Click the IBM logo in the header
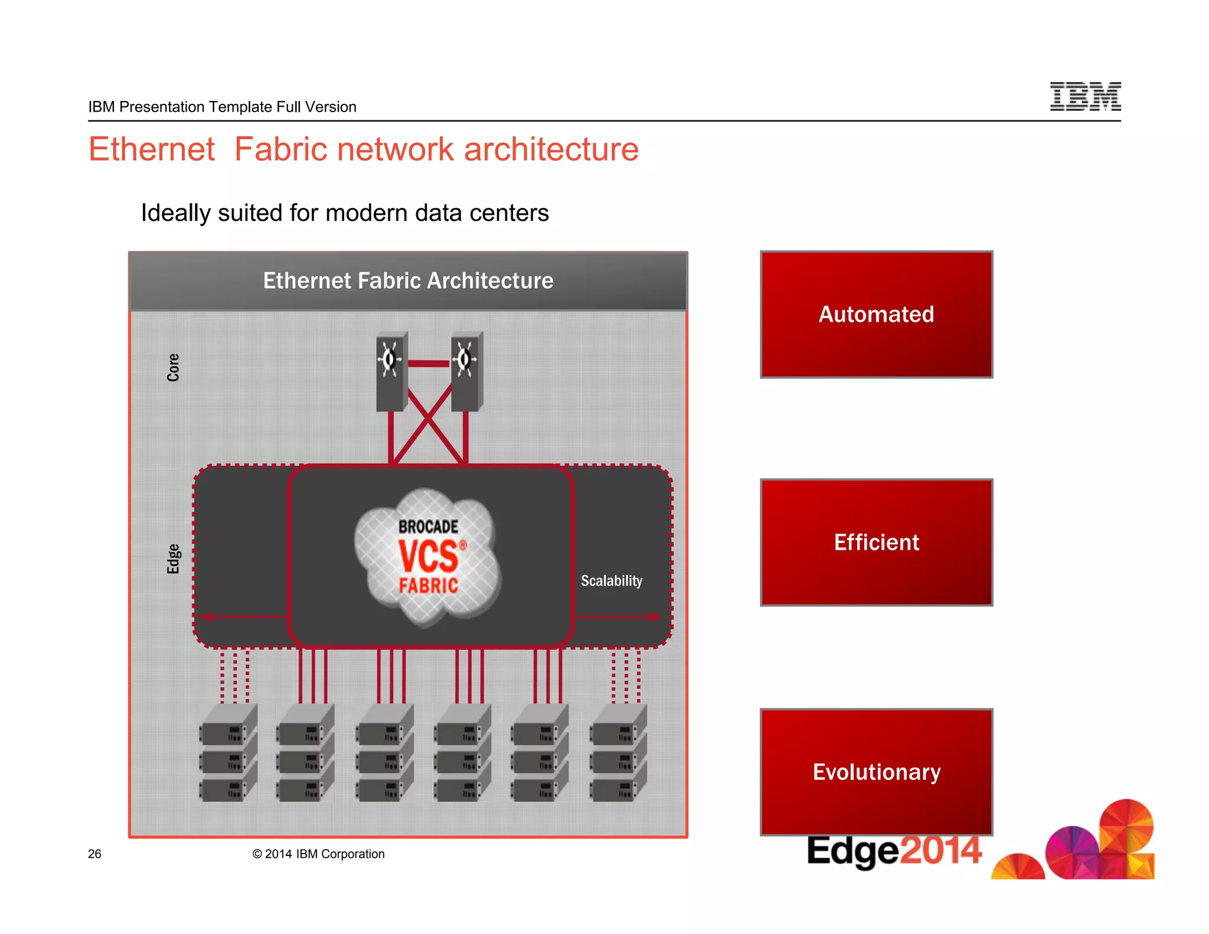(1085, 96)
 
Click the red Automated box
(876, 314)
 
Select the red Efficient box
(876, 542)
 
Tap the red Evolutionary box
(876, 771)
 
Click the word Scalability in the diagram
(611, 580)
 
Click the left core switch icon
(391, 371)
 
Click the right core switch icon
(466, 371)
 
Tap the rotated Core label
(173, 367)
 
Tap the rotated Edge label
(173, 559)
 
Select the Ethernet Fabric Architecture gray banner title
(408, 280)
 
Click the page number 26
(94, 854)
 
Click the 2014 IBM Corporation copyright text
(318, 854)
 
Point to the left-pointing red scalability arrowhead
(207, 617)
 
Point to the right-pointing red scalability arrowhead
(656, 617)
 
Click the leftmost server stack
(228, 752)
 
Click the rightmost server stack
(618, 752)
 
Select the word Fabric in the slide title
(280, 149)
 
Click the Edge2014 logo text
(894, 851)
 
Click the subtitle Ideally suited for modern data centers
(345, 213)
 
